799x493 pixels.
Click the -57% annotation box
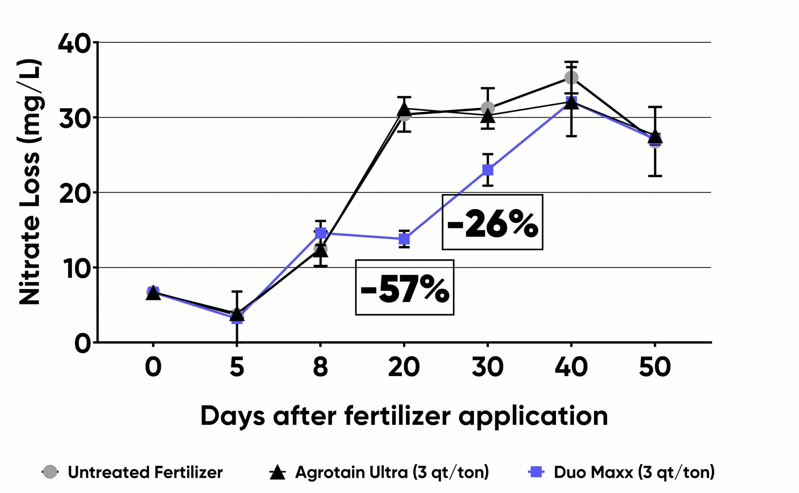(x=404, y=288)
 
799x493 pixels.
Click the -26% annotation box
(x=492, y=222)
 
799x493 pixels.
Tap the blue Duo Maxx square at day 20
(x=404, y=239)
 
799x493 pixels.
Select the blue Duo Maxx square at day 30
(x=488, y=170)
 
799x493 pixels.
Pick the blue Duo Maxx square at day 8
(x=321, y=233)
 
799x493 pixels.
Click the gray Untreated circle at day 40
(x=571, y=78)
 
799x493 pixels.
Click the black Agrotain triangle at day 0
(x=153, y=293)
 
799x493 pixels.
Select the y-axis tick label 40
(x=74, y=43)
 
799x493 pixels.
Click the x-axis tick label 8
(x=321, y=367)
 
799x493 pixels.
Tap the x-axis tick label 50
(x=655, y=367)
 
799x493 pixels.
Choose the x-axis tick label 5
(x=237, y=367)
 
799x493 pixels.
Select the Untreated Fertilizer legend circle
(x=50, y=472)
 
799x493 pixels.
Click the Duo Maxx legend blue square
(x=536, y=472)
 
